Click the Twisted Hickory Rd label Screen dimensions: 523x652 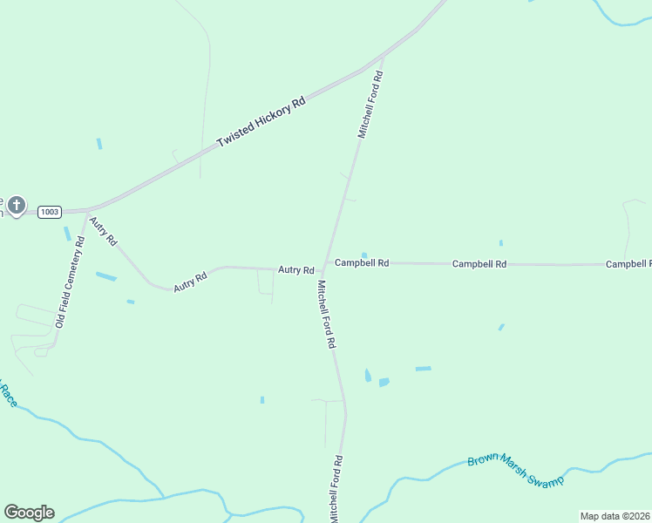tap(261, 121)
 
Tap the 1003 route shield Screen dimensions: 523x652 tap(50, 211)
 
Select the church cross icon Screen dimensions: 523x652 tap(17, 207)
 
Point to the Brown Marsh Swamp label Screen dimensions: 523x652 tap(515, 472)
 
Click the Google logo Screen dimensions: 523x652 tap(29, 512)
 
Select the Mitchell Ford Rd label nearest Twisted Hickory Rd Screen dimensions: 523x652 tap(370, 105)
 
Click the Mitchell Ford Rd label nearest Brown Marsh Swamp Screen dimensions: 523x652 tap(335, 489)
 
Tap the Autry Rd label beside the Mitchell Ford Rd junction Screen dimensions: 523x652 tap(295, 270)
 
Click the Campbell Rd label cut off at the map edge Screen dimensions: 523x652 tap(628, 263)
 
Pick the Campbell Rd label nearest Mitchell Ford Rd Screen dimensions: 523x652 tap(362, 262)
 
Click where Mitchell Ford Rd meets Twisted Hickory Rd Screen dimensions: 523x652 tap(382, 60)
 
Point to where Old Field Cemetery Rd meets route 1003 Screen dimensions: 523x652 tap(86, 212)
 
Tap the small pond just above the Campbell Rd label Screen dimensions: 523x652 tap(363, 255)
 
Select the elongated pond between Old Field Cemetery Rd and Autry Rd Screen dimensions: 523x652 tap(105, 276)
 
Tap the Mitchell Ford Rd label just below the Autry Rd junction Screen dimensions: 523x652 tap(326, 314)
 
